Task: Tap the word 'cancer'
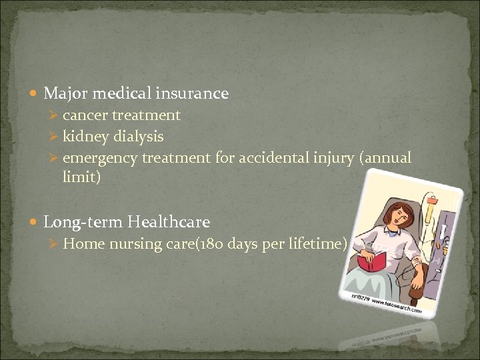tap(84, 115)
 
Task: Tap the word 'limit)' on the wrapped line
tap(81, 178)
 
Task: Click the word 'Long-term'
tap(83, 222)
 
